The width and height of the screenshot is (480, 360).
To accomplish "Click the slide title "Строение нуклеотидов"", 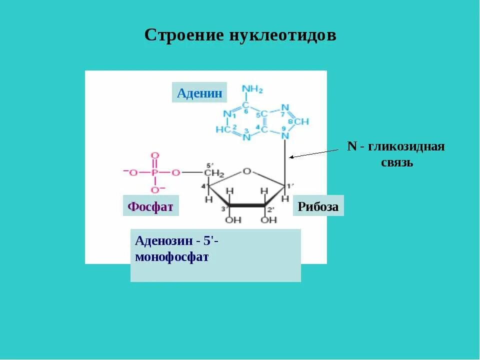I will point(240,35).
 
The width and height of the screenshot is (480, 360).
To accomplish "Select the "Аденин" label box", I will point(199,92).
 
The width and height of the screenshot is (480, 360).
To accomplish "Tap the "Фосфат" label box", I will point(150,206).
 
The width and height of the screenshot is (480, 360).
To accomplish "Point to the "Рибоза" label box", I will point(318,206).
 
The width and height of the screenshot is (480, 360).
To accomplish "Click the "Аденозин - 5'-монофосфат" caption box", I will point(215,255).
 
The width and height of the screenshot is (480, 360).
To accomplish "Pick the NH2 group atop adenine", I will point(251,90).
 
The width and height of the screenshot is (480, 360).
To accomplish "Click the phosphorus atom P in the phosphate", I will point(154,173).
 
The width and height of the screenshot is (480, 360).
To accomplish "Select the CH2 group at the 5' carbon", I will point(213,173).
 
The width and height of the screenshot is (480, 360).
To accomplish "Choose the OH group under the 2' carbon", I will point(268,219).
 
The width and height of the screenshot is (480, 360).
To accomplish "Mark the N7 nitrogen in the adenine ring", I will point(284,107).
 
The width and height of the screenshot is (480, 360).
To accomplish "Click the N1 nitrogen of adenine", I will point(227,113).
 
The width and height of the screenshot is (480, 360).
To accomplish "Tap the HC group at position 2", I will point(222,129).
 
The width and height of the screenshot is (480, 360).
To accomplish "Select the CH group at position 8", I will point(301,121).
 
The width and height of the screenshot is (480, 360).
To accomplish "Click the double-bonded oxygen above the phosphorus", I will point(154,155).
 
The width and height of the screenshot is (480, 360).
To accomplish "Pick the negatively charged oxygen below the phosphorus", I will point(154,190).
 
